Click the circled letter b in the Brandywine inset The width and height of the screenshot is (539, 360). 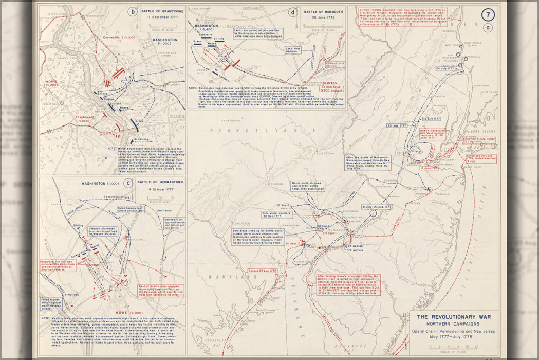point(133,12)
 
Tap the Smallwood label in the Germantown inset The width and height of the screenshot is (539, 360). point(163,210)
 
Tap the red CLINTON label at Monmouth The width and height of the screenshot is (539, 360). point(330,83)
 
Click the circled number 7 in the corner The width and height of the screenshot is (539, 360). point(488,15)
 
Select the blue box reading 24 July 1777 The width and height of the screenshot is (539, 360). point(445,68)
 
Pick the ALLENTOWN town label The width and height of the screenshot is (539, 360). point(325,153)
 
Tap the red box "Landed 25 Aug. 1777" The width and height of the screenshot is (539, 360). point(263,271)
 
